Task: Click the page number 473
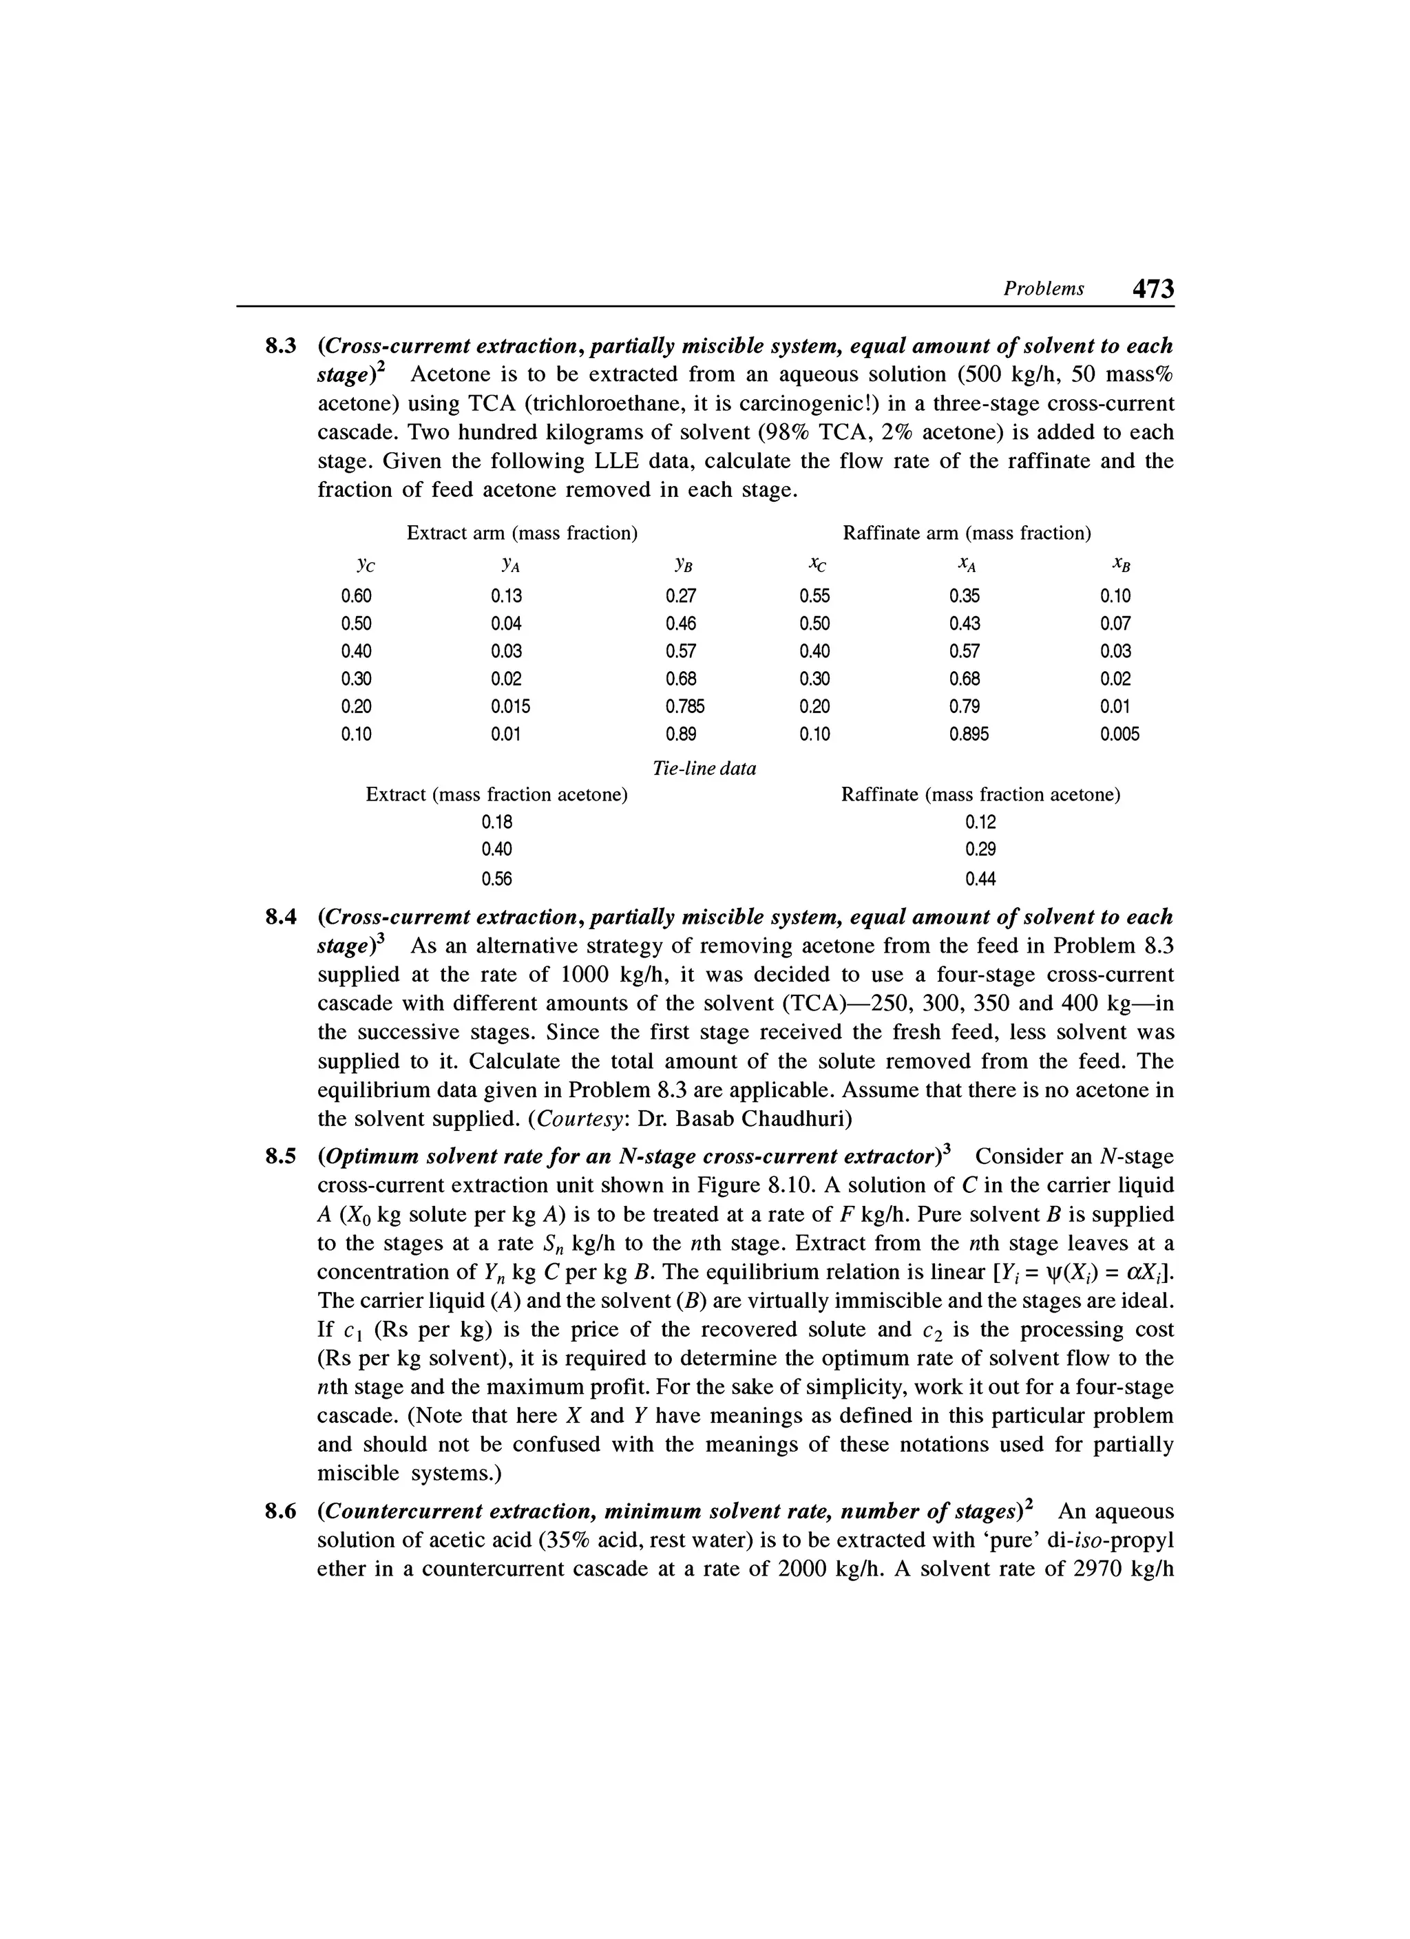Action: [1153, 289]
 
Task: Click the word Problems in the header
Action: [1043, 289]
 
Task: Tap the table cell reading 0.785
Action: [685, 706]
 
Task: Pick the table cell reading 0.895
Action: [969, 734]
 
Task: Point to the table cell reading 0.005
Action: [1119, 734]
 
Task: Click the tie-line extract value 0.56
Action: [497, 879]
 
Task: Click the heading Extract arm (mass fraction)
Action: [523, 533]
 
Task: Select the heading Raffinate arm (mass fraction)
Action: [967, 533]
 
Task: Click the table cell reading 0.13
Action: [506, 596]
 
